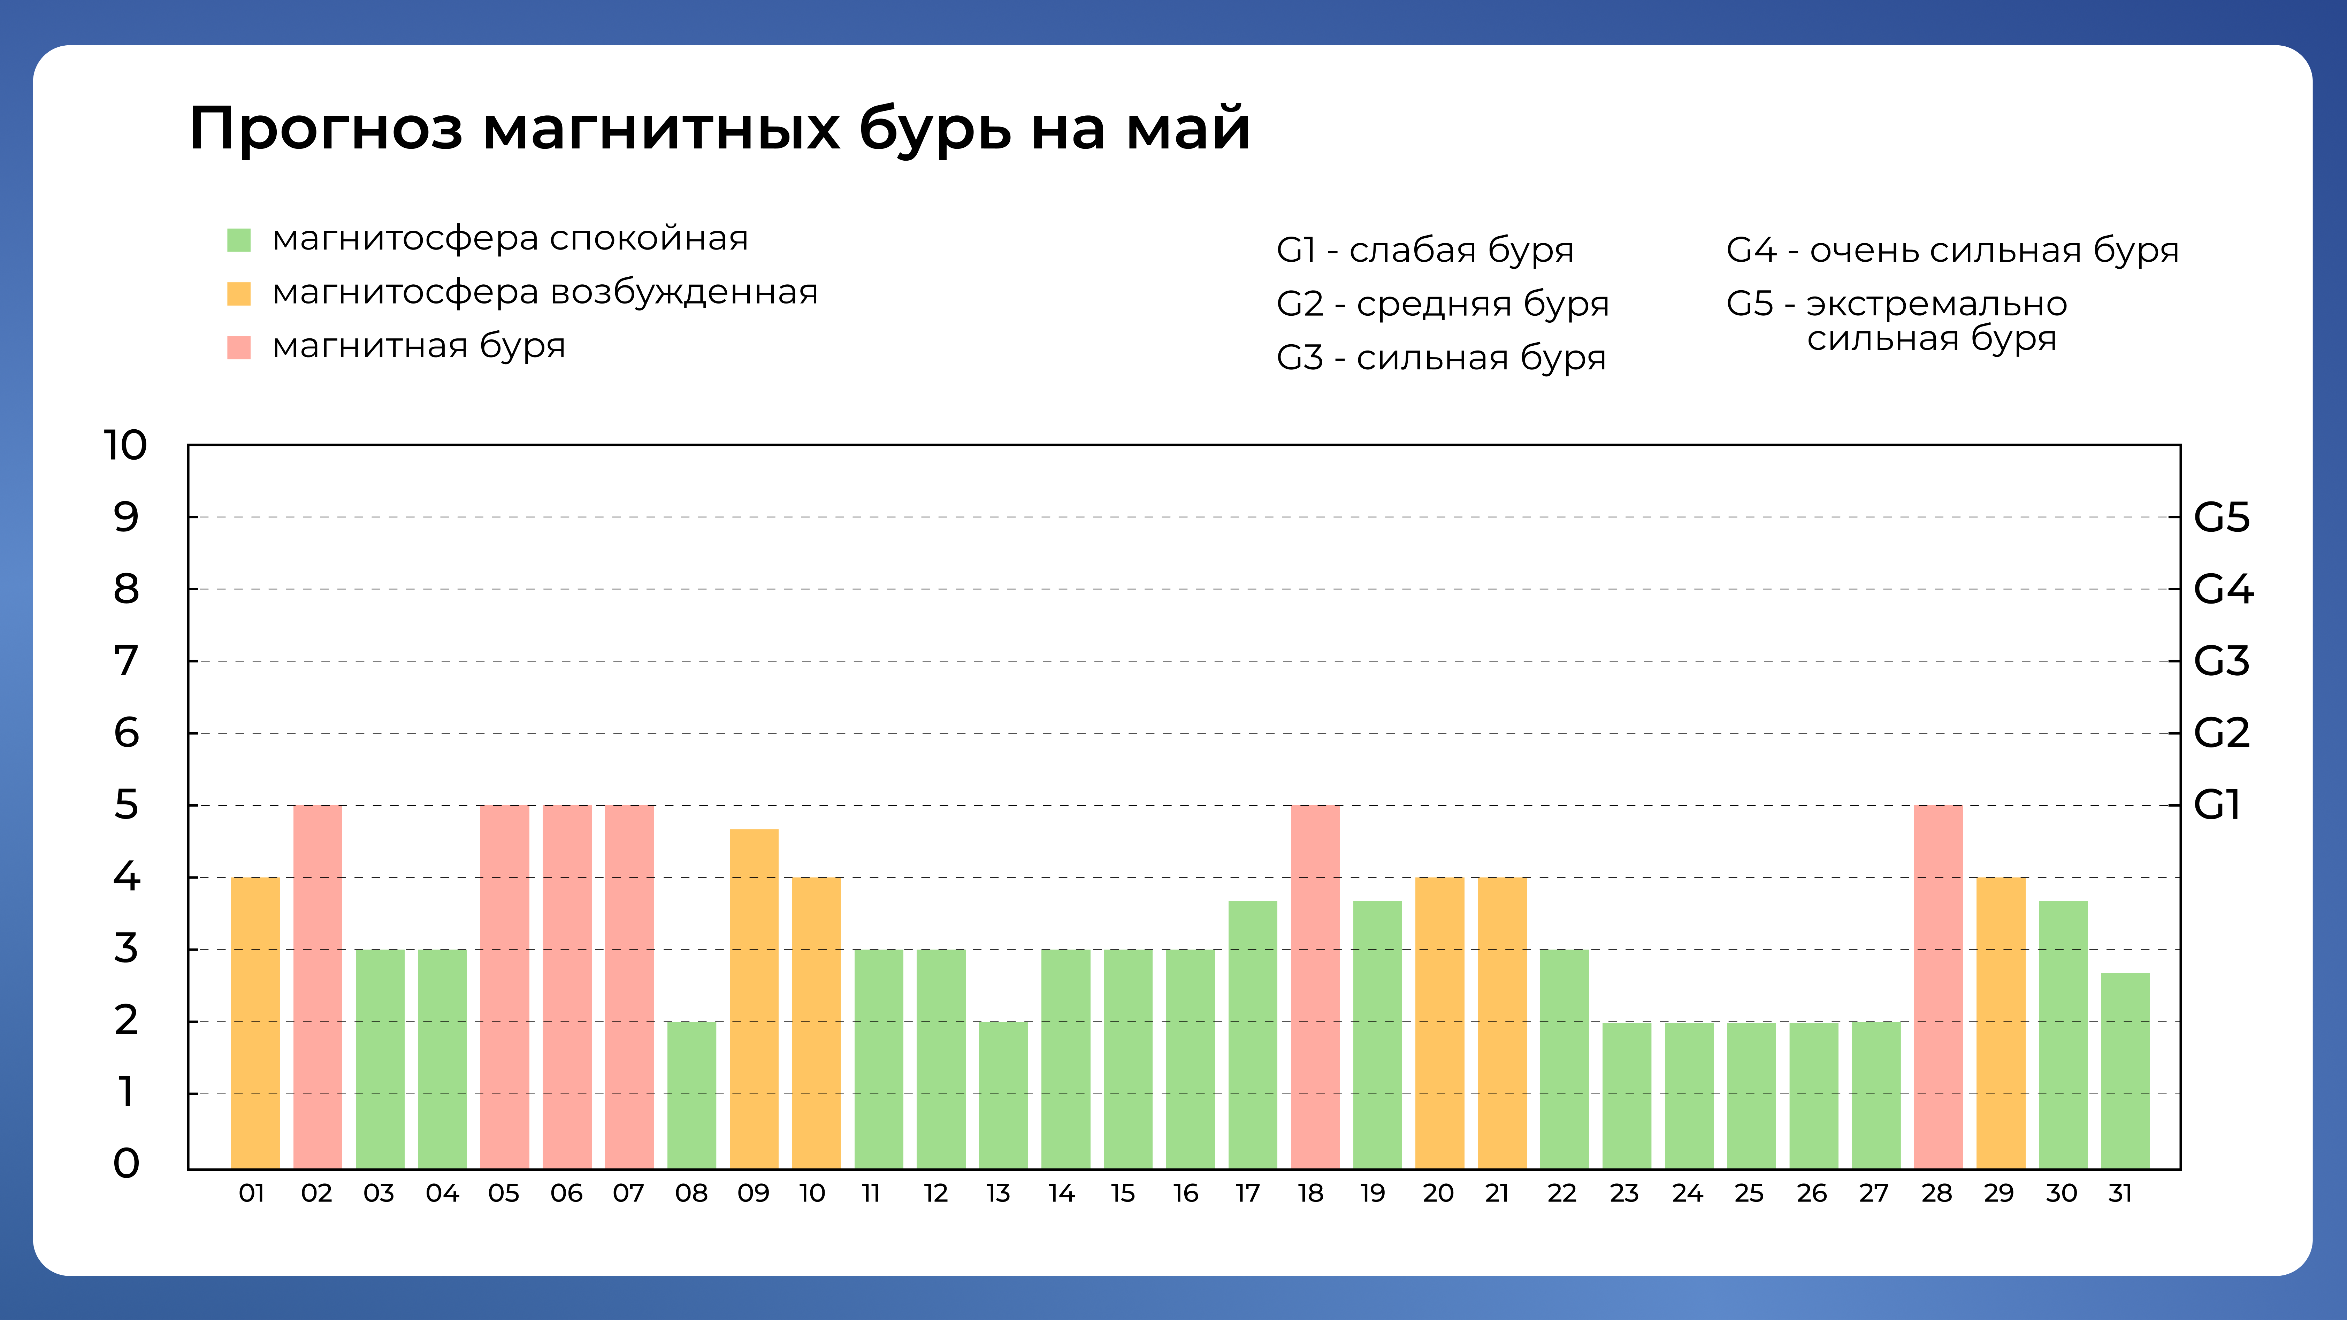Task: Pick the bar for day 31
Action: coord(2125,1070)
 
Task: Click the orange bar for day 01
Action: coord(255,1022)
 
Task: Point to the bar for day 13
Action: coord(1003,1095)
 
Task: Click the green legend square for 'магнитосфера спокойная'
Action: coord(239,240)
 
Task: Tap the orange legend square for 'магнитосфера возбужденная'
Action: coord(239,293)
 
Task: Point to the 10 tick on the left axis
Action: coord(125,445)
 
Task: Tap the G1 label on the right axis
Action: coord(2216,805)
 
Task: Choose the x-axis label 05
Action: coord(504,1194)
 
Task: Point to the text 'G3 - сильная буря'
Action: coord(1440,358)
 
